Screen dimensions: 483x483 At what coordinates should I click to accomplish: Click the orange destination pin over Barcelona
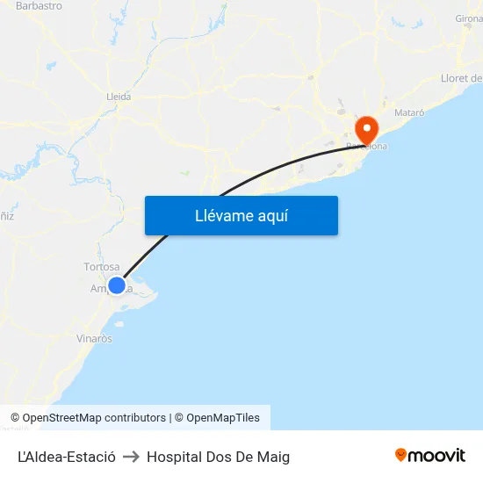pos(365,130)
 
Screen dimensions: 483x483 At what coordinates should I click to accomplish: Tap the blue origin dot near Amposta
pos(117,285)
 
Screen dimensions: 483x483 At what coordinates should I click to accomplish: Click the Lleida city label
pos(118,97)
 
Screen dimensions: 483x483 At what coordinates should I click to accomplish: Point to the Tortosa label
pos(101,267)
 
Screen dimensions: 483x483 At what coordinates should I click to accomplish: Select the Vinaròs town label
pos(94,338)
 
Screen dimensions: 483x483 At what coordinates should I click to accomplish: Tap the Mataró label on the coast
pos(409,113)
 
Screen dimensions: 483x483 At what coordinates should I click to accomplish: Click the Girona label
pos(469,18)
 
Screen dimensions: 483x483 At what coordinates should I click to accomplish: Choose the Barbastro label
pos(39,5)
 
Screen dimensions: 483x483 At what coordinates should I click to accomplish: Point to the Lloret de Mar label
pos(462,78)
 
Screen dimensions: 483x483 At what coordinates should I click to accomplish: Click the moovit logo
pos(429,455)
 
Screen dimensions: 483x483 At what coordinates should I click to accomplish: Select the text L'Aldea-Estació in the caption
pos(66,457)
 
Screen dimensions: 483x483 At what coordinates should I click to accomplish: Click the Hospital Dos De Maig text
pos(218,457)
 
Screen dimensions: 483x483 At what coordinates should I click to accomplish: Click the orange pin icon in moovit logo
pos(400,455)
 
